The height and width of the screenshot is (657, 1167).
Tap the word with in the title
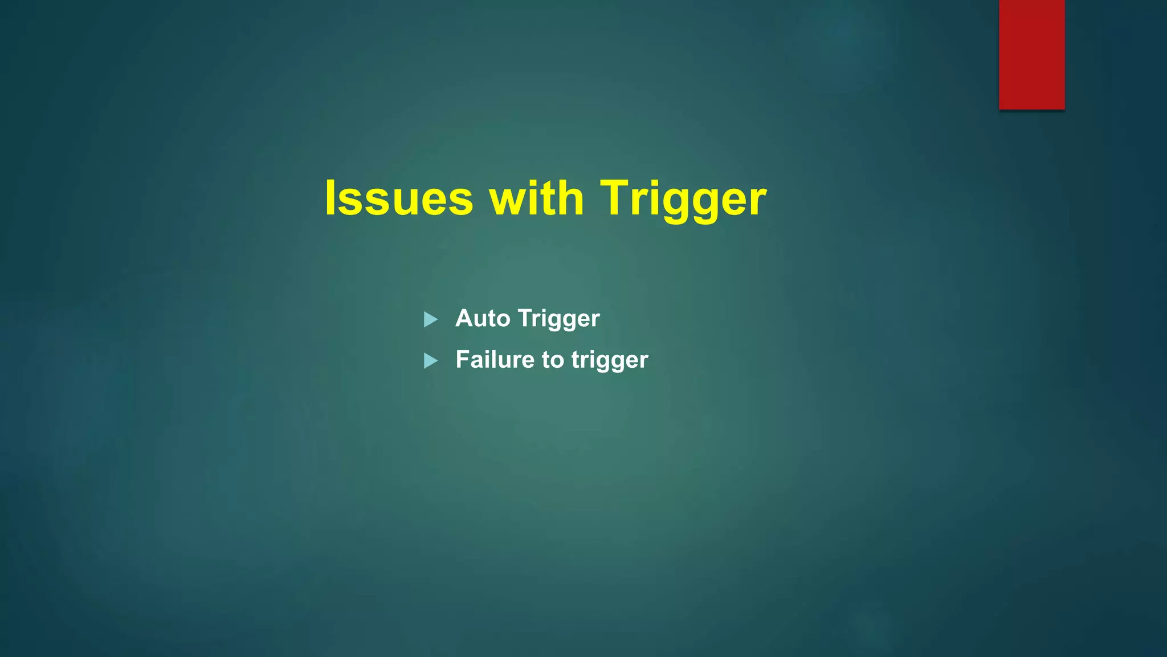click(x=537, y=198)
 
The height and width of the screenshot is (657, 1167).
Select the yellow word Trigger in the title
click(x=683, y=199)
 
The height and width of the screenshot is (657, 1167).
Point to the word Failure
click(x=495, y=360)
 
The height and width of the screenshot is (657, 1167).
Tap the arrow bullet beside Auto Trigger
click(x=431, y=319)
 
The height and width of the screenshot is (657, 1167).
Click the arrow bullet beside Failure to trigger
click(x=431, y=361)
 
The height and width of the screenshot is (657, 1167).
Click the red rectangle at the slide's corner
click(x=1031, y=54)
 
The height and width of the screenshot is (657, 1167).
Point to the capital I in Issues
click(x=330, y=198)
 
